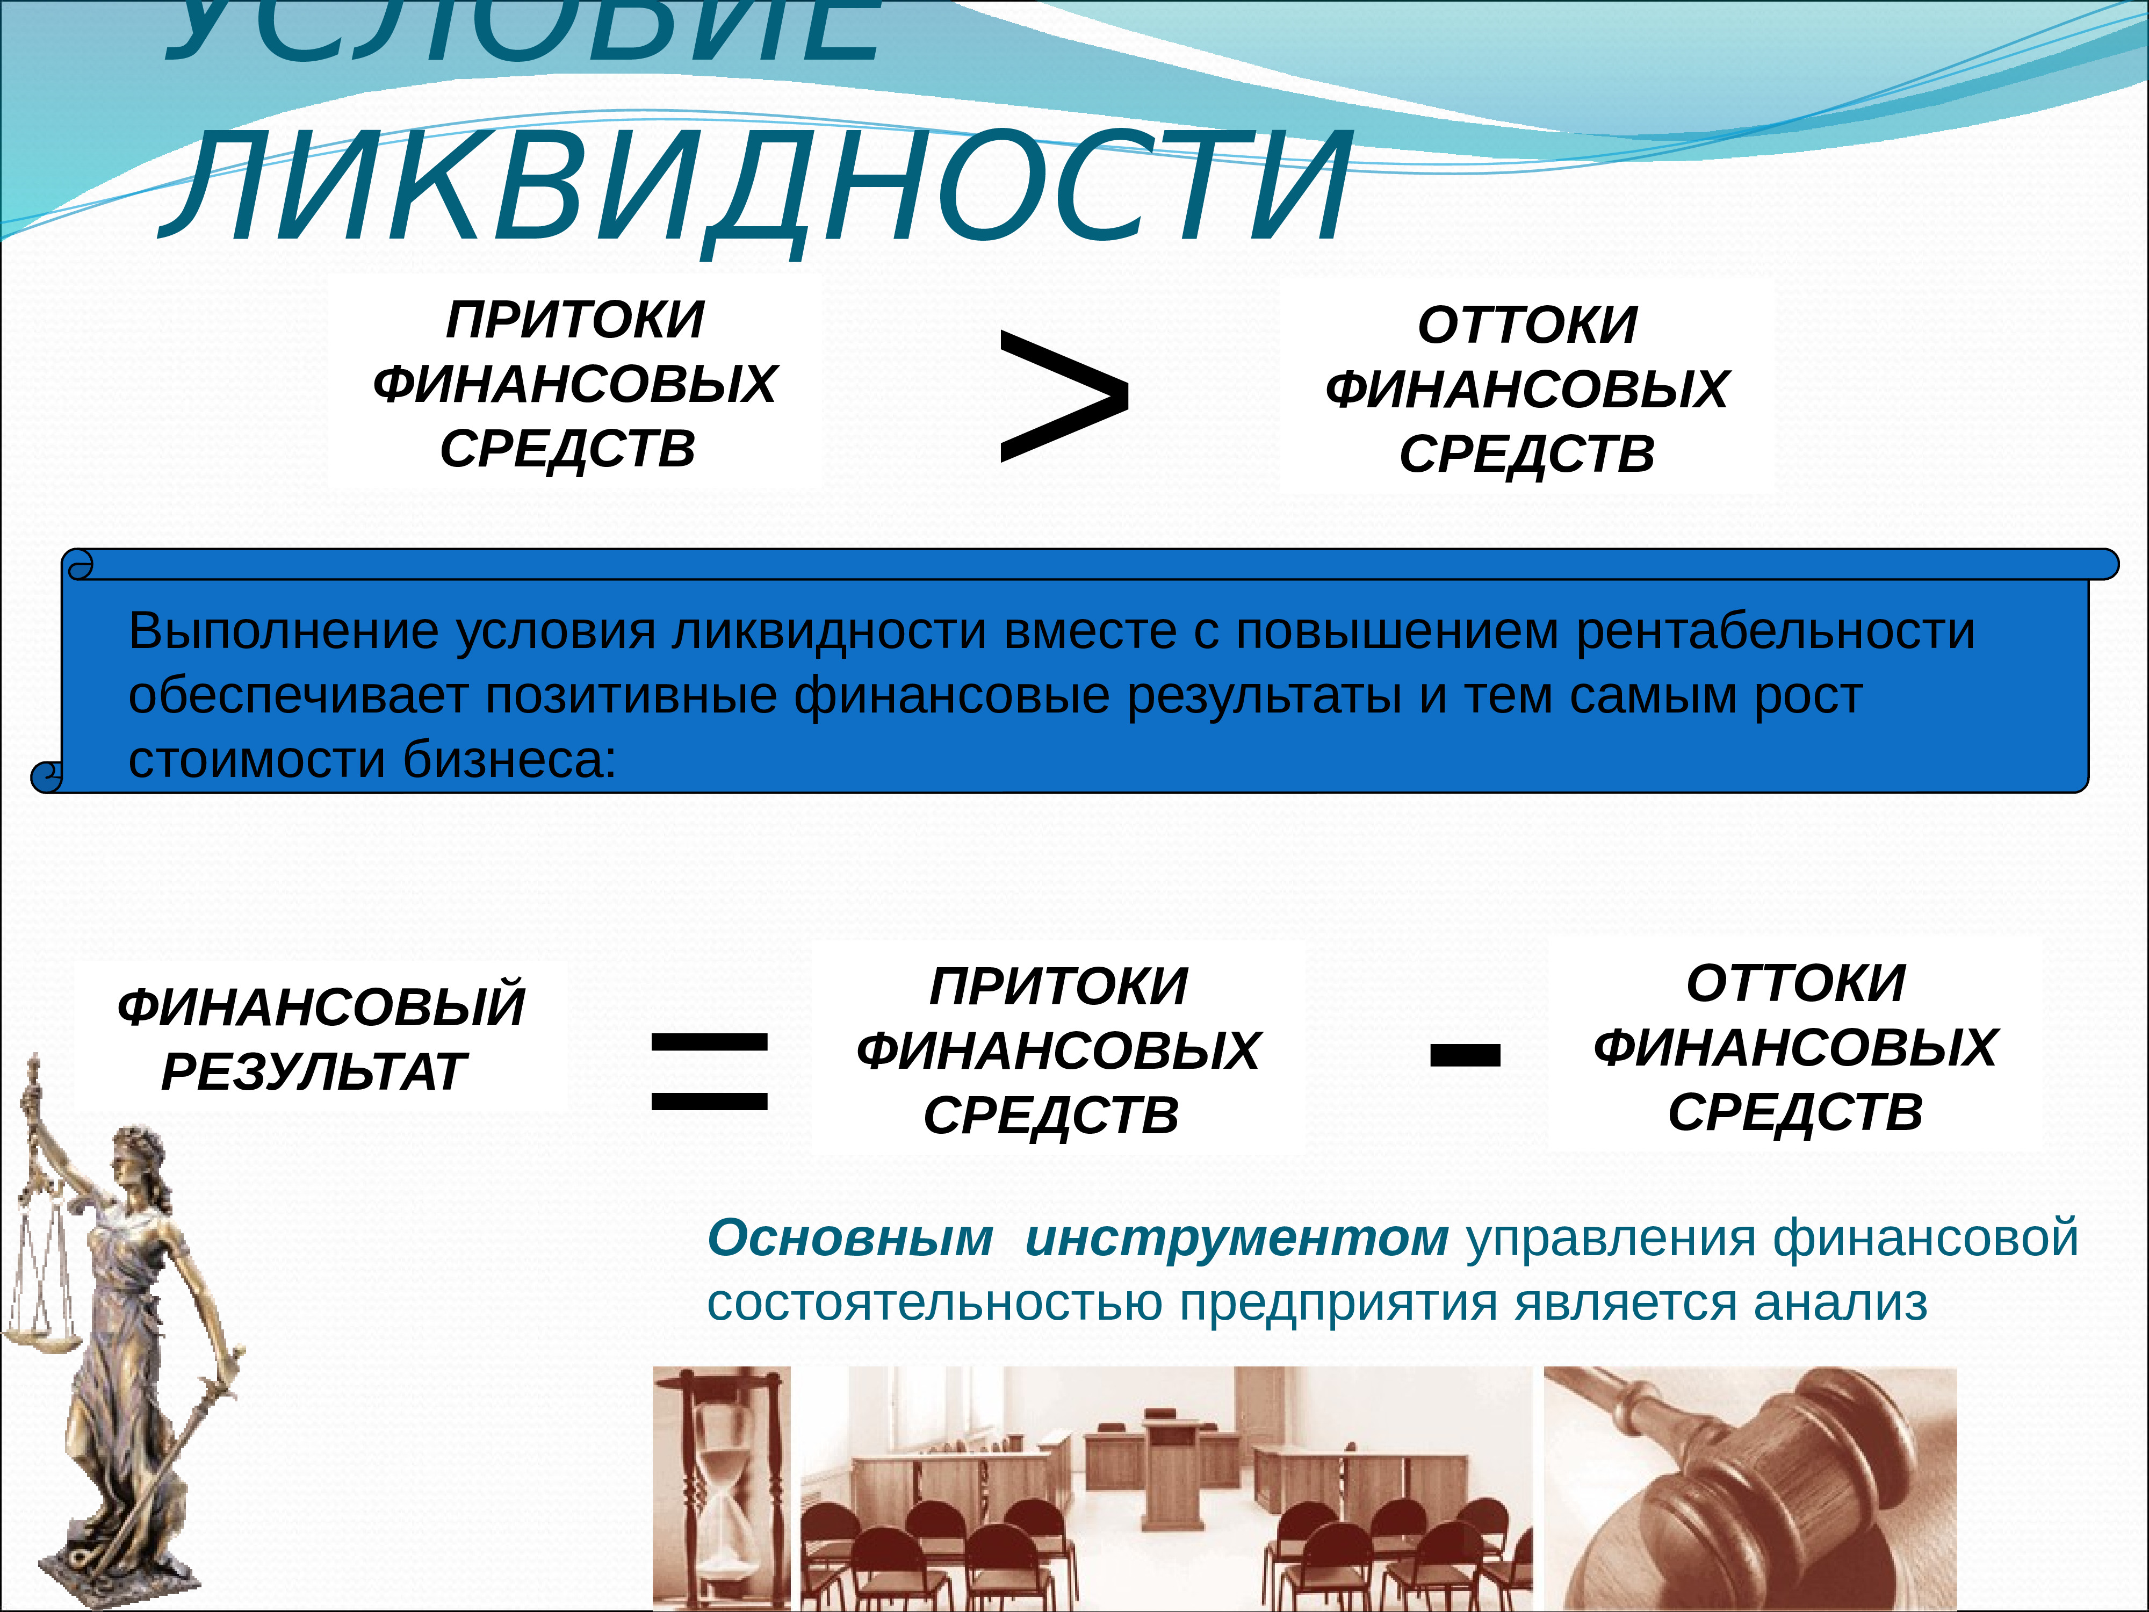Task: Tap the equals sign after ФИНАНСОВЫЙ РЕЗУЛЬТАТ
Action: pos(709,1071)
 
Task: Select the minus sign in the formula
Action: pos(1465,1054)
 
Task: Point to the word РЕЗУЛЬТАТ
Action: pos(314,1073)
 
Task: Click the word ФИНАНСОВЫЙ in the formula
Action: pos(321,1006)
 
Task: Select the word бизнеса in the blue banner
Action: pos(509,760)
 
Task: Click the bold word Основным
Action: pos(850,1239)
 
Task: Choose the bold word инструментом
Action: pos(1236,1239)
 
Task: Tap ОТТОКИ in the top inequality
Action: pos(1527,326)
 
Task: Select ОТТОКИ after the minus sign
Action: pos(1795,983)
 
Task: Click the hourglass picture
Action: pos(721,1487)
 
